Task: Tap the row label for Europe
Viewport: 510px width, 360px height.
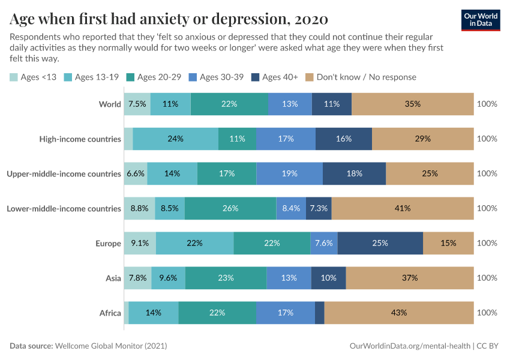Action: click(x=108, y=243)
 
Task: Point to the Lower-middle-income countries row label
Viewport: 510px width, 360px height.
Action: click(x=64, y=208)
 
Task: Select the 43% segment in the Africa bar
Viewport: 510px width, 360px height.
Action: click(x=399, y=313)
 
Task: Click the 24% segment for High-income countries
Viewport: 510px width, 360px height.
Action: click(x=176, y=139)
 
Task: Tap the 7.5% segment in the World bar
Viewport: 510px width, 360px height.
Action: click(x=137, y=104)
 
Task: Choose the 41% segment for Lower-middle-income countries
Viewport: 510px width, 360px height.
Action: click(x=403, y=208)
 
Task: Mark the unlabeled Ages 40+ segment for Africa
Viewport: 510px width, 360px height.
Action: click(x=319, y=313)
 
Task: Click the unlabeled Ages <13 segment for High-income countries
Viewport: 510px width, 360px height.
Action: click(x=128, y=139)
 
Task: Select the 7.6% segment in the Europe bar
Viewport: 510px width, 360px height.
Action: click(x=325, y=243)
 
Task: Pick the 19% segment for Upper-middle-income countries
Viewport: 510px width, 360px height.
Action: click(x=289, y=173)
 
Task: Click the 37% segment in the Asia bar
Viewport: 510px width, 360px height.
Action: click(x=410, y=278)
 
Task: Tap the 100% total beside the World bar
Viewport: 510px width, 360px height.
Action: click(x=487, y=104)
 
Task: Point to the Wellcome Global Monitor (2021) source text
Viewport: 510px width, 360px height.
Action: click(x=110, y=346)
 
